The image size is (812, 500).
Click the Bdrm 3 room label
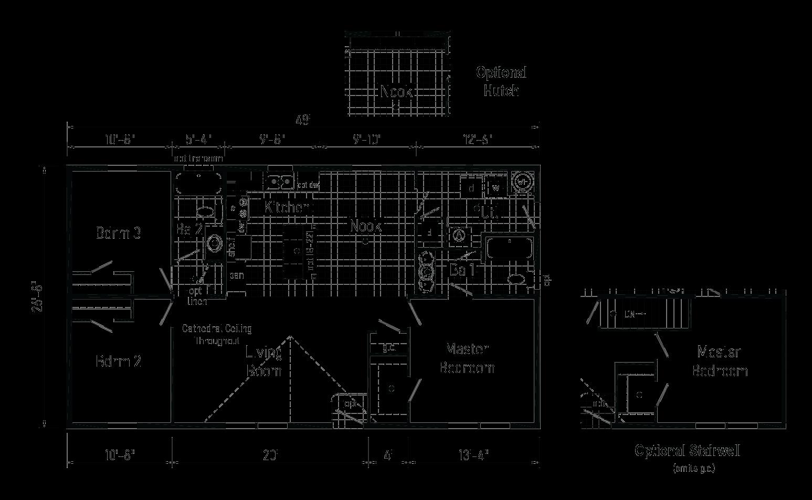tap(119, 232)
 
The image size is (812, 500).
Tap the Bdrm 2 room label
tap(119, 361)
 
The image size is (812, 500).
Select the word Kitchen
tap(288, 207)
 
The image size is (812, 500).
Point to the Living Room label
tap(264, 361)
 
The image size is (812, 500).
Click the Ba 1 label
tap(462, 270)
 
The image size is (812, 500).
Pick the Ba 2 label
tap(189, 229)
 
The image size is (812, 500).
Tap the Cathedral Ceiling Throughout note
tap(217, 334)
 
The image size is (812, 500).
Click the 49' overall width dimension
tap(303, 121)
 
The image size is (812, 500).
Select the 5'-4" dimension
tap(198, 140)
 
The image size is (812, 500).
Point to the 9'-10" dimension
tap(366, 140)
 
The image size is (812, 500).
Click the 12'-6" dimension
tap(477, 140)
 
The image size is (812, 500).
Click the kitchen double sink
tap(279, 182)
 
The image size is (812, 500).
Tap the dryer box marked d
tap(471, 187)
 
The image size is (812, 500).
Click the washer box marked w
tap(496, 187)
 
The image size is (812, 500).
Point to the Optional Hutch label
tap(501, 81)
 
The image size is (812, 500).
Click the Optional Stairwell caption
tap(688, 451)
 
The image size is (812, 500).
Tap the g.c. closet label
tap(389, 347)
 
